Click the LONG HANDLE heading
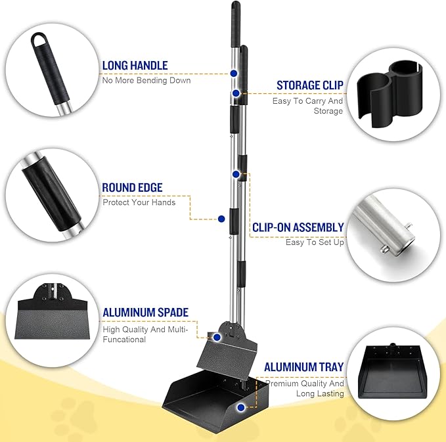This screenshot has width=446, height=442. (135, 66)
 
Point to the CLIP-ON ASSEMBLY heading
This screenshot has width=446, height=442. (298, 227)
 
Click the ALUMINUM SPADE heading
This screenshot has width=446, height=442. (146, 312)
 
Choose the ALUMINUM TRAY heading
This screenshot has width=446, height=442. (303, 367)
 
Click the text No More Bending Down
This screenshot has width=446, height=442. (146, 81)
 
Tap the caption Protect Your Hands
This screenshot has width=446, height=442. (139, 202)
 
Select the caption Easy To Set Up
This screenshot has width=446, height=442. (315, 242)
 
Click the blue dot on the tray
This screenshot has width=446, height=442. (241, 407)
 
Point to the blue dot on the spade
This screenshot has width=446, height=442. (215, 336)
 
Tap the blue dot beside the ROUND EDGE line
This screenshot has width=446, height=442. (221, 219)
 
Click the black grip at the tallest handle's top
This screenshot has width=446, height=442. (235, 20)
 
